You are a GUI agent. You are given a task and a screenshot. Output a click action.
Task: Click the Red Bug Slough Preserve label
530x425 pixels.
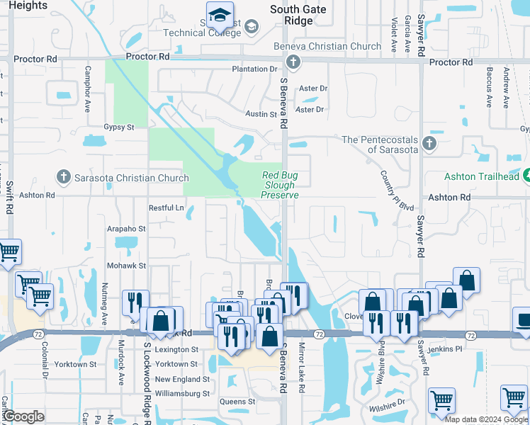click(x=281, y=185)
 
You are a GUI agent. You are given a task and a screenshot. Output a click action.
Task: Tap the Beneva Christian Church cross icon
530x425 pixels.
click(x=293, y=62)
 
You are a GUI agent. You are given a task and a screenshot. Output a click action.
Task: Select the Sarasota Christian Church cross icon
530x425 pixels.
click(x=63, y=177)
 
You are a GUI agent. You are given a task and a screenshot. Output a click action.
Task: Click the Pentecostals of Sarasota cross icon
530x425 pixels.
click(x=429, y=144)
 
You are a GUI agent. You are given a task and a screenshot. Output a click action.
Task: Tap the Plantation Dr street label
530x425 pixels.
click(x=255, y=69)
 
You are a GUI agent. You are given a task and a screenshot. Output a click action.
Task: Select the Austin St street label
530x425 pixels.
click(x=261, y=114)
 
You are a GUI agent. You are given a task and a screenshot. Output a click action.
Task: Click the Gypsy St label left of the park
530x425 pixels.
click(x=119, y=127)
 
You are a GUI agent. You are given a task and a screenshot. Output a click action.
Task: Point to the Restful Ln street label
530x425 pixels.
click(x=166, y=208)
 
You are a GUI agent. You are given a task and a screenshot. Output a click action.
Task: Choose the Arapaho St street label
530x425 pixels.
click(x=126, y=229)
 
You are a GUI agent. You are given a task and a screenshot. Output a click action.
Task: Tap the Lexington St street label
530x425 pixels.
click(x=176, y=349)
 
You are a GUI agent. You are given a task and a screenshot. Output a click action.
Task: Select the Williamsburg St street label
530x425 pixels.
click(x=182, y=393)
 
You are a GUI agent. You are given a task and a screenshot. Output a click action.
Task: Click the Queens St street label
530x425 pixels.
click(x=237, y=402)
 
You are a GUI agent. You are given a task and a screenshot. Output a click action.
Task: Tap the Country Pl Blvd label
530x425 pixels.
click(x=397, y=190)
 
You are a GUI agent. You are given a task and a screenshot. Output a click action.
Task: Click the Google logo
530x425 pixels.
click(x=23, y=416)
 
